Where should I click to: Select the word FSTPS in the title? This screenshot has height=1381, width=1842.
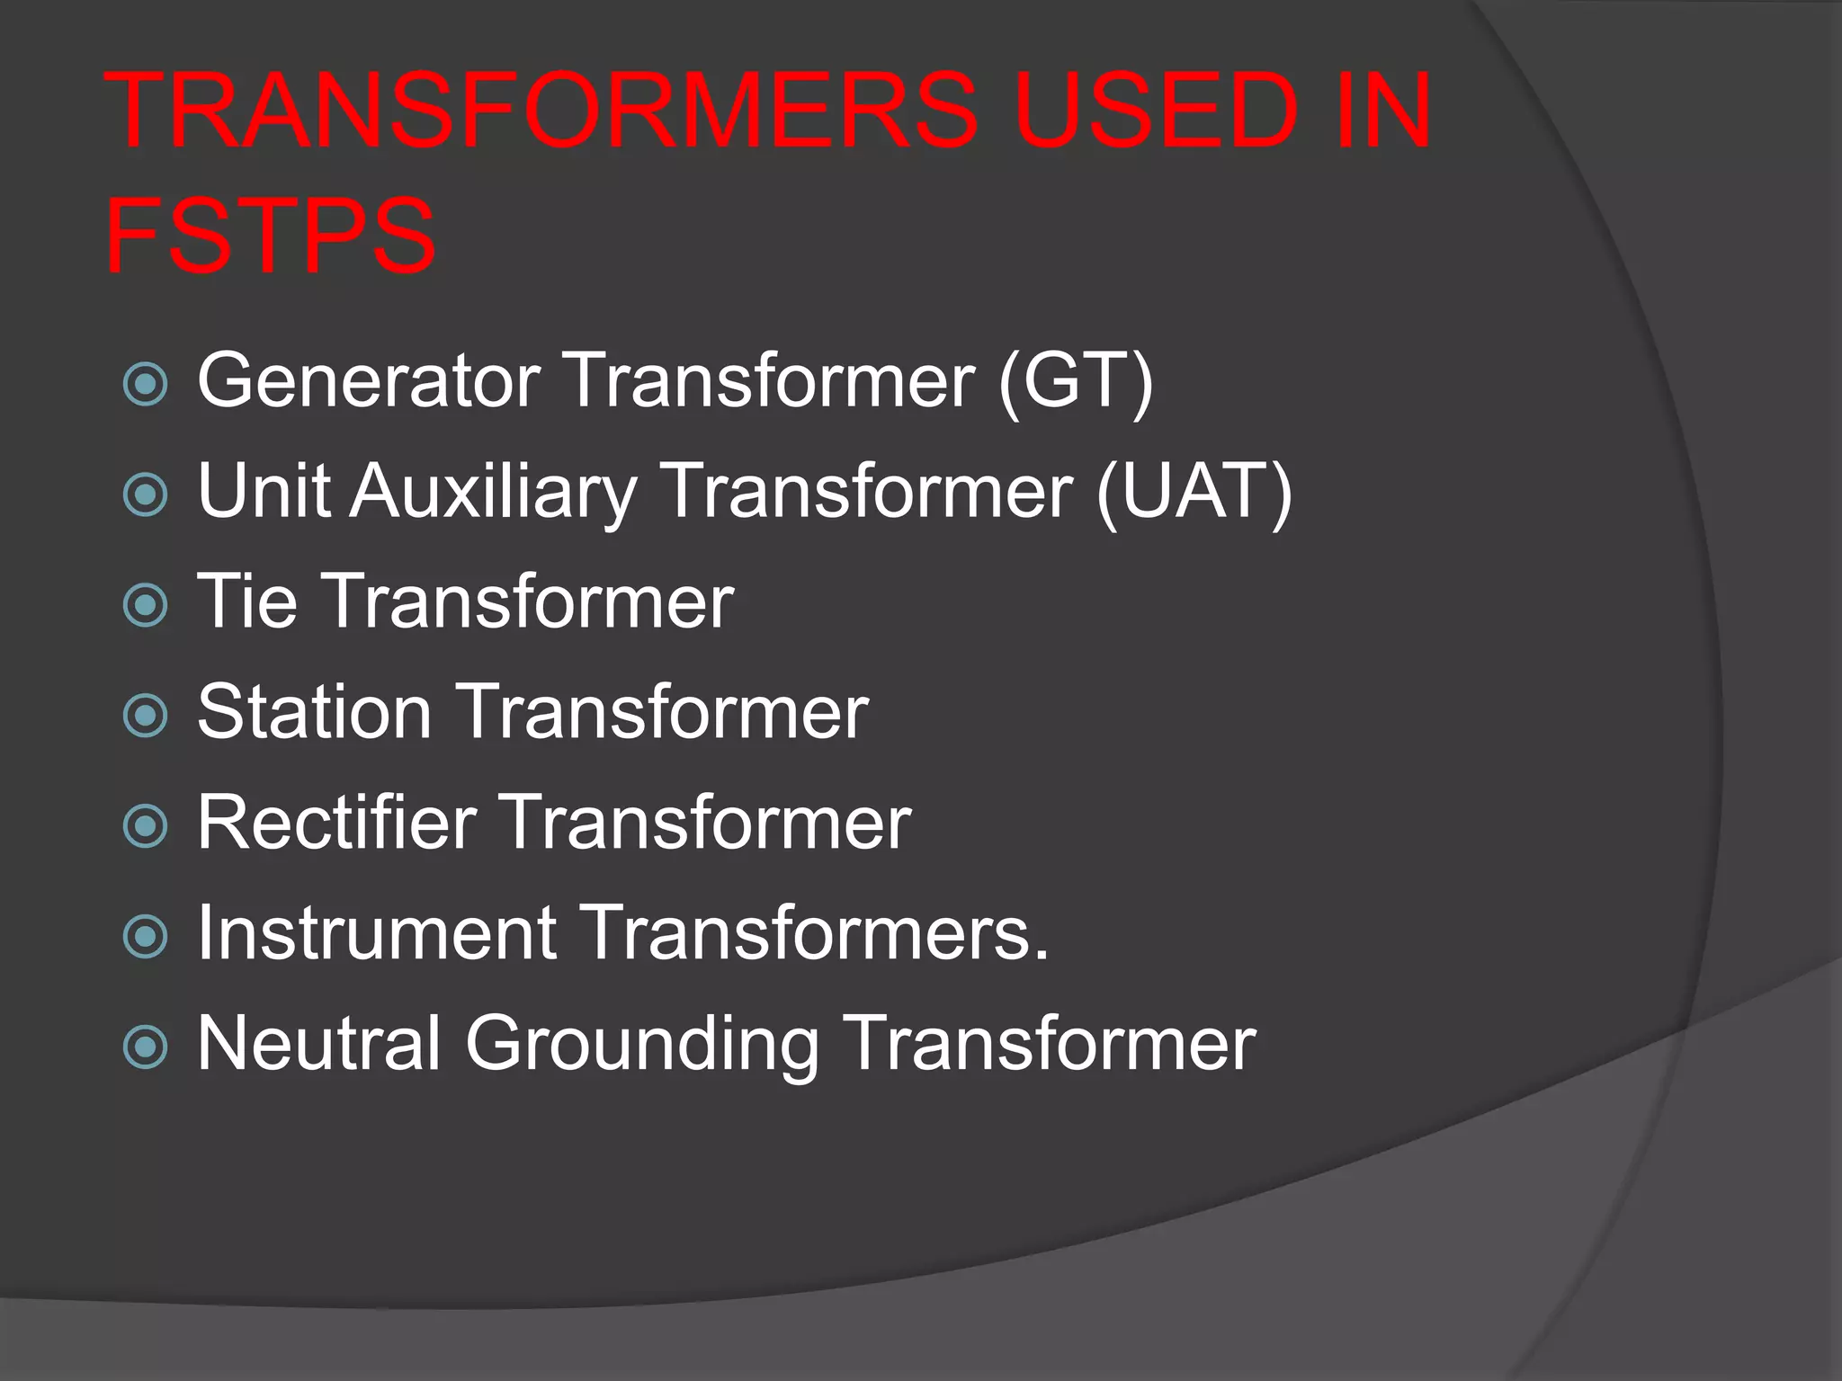[271, 236]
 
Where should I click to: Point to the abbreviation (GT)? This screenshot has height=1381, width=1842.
[1076, 381]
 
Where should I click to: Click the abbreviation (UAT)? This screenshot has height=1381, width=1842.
[1194, 492]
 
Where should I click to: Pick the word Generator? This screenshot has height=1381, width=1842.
[369, 381]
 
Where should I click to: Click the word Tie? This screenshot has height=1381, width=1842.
[246, 601]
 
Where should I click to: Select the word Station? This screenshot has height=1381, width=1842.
[314, 712]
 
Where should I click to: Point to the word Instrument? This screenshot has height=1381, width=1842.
[377, 933]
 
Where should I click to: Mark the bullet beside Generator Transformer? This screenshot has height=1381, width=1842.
[145, 385]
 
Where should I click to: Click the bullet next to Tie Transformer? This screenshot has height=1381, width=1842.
[145, 605]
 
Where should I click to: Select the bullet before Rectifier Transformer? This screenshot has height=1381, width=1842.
[145, 826]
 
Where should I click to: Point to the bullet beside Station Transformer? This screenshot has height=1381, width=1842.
[145, 716]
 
